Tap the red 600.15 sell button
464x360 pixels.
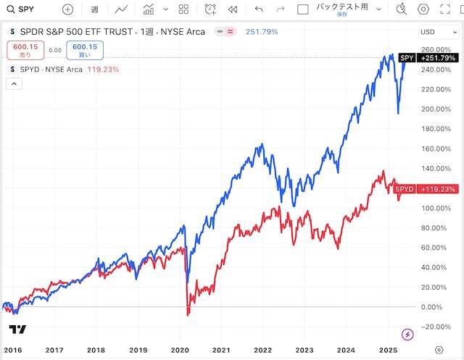pyautogui.click(x=25, y=50)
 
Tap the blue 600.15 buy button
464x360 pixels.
pyautogui.click(x=84, y=50)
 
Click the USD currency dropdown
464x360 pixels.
pyautogui.click(x=438, y=32)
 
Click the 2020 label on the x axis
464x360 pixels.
pyautogui.click(x=181, y=349)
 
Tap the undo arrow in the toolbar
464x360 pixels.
pyautogui.click(x=259, y=9)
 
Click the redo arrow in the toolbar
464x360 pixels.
pyautogui.click(x=280, y=9)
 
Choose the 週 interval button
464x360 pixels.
pyautogui.click(x=95, y=9)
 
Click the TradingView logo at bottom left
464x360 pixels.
pyautogui.click(x=18, y=330)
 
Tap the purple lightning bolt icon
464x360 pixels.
pyautogui.click(x=407, y=334)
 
